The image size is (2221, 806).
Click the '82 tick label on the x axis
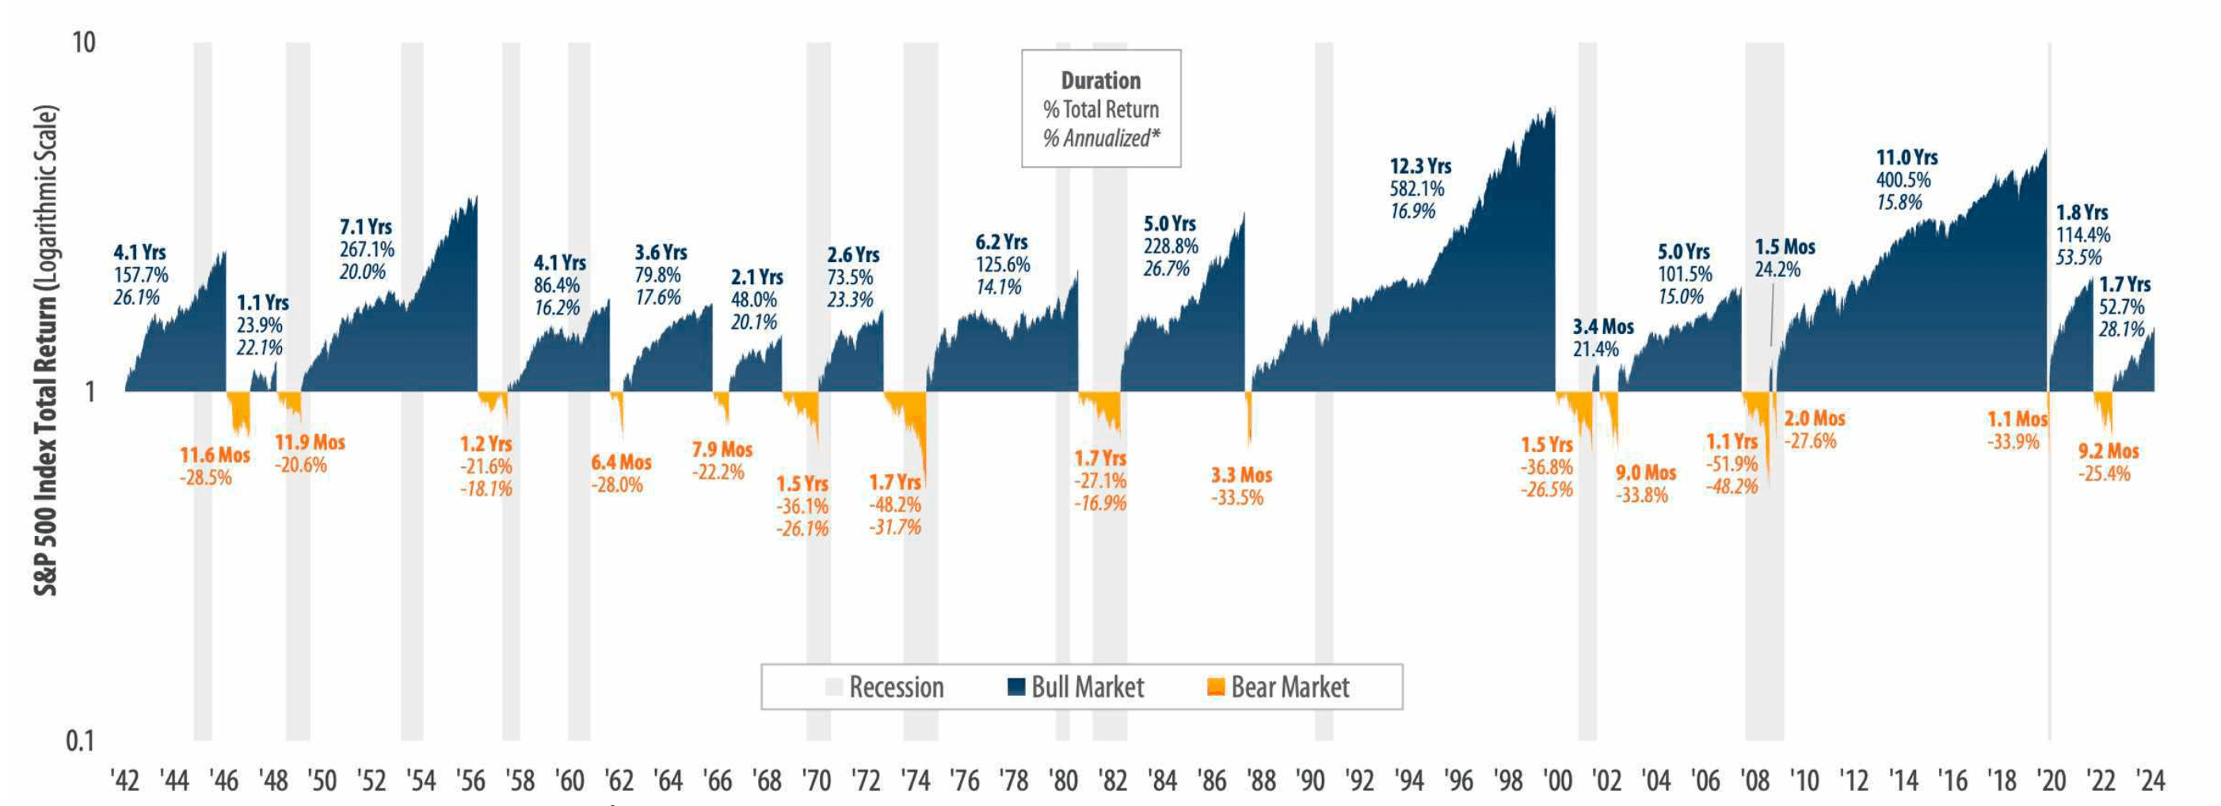pos(1113,781)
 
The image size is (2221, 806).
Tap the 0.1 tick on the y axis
pos(79,740)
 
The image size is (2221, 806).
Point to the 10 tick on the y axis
pos(82,42)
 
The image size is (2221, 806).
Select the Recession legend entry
pos(885,687)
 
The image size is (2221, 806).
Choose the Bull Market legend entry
pos(1076,687)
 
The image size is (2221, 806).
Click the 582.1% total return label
pos(1416,188)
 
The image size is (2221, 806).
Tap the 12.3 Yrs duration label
pos(1420,165)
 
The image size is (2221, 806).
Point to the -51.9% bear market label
pos(1731,464)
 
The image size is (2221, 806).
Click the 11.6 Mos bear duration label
pos(215,455)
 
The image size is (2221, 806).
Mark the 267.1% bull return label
pos(367,249)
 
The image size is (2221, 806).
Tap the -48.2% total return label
pos(895,504)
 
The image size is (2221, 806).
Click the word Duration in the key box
pos(1101,80)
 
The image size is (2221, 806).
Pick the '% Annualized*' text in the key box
pos(1101,138)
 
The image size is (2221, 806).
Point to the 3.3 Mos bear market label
pos(1241,475)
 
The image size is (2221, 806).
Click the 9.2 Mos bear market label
pos(2108,451)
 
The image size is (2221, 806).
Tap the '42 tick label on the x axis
pos(125,781)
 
